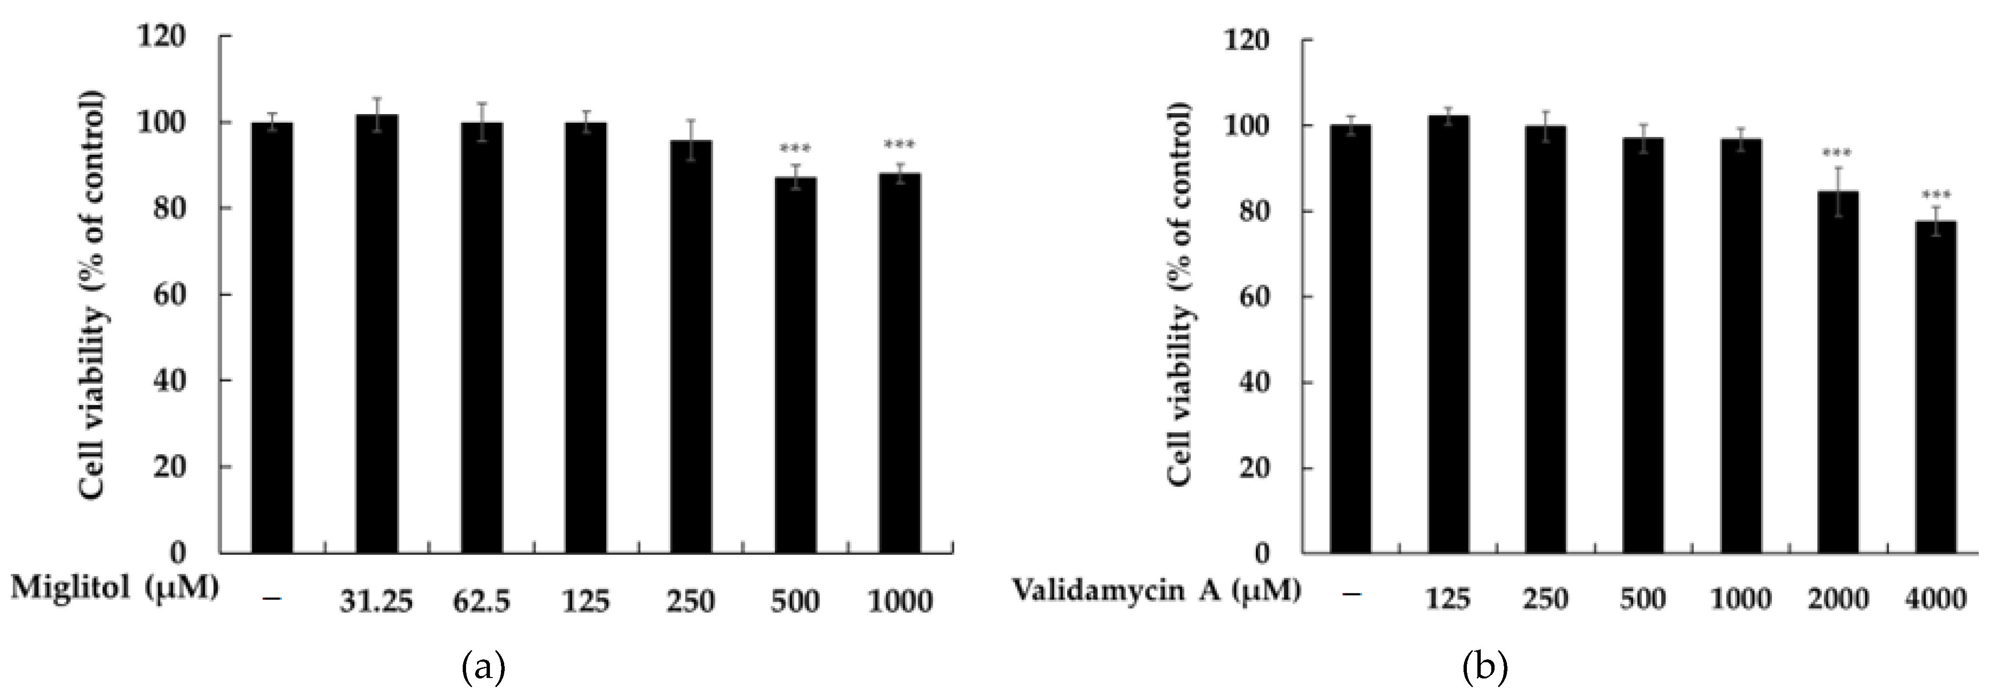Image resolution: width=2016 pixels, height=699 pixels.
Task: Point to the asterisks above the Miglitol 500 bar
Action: click(x=795, y=149)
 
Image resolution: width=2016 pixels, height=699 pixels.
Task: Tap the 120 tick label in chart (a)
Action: click(x=161, y=37)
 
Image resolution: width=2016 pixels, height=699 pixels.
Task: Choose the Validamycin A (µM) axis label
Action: click(x=1157, y=590)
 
